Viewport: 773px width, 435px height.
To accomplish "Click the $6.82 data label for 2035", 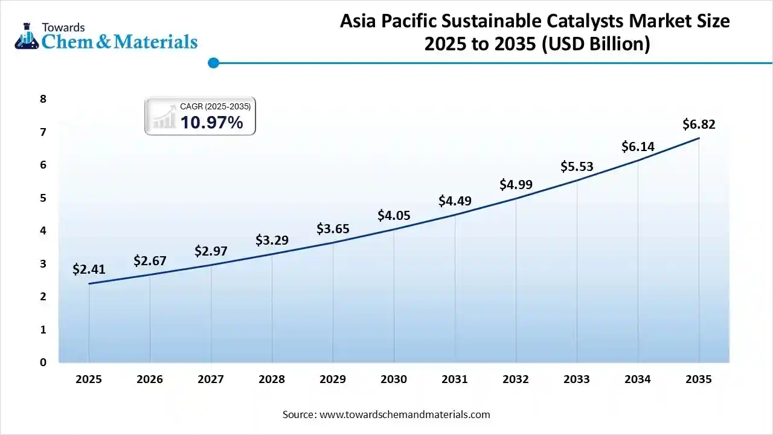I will click(x=699, y=124).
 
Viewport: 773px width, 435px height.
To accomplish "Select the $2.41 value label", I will click(x=89, y=269).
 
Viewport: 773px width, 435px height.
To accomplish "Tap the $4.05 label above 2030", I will click(x=394, y=215).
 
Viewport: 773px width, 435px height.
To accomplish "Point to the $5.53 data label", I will click(x=577, y=166).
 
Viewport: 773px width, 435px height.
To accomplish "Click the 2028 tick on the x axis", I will click(x=272, y=379).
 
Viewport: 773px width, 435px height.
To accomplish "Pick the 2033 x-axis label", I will click(x=577, y=379).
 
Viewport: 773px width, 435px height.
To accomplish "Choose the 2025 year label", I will click(x=89, y=379).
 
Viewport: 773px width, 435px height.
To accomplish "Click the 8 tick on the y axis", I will click(x=43, y=98).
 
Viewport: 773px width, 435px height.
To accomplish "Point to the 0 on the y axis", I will click(x=43, y=362).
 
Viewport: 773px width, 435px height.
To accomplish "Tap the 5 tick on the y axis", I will click(x=43, y=198).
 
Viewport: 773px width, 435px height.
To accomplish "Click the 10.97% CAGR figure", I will click(x=211, y=123).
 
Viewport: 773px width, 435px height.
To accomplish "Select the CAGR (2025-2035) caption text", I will click(x=215, y=106).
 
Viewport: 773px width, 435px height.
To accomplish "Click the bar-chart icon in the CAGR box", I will click(x=162, y=117).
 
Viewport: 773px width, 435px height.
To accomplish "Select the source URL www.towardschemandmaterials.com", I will click(x=404, y=414).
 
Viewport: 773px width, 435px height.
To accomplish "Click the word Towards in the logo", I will click(x=63, y=27).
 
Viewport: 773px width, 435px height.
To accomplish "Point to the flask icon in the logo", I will click(x=27, y=37).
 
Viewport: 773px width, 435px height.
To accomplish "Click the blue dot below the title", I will click(x=213, y=62).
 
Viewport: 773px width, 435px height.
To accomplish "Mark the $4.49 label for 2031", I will click(x=455, y=201).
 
